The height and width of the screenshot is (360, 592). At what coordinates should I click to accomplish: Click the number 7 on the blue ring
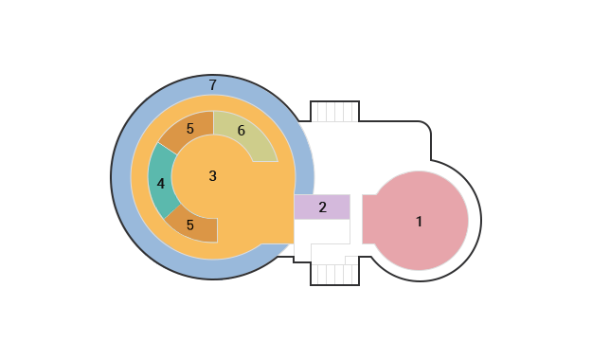tap(213, 85)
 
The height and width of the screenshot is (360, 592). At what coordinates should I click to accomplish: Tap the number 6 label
tap(242, 131)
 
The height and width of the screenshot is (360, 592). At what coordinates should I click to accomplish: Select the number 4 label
tap(161, 184)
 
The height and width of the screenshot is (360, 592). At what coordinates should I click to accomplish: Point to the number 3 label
tap(212, 176)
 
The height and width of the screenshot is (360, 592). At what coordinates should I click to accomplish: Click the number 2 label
tap(322, 207)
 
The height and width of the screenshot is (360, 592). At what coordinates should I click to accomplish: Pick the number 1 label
tap(419, 222)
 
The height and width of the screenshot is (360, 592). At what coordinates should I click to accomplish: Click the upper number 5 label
tap(189, 129)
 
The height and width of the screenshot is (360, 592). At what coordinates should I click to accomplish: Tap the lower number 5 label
tap(189, 225)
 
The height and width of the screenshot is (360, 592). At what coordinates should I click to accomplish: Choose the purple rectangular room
tap(322, 207)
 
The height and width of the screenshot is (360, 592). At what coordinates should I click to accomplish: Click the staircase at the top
tap(334, 112)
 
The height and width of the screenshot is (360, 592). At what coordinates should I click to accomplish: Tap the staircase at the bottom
tap(334, 275)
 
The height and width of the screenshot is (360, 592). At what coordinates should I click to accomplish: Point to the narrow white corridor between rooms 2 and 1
tap(356, 219)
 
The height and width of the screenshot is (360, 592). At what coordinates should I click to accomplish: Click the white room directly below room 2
tap(322, 231)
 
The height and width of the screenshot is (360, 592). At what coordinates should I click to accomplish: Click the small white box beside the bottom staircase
tap(351, 261)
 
